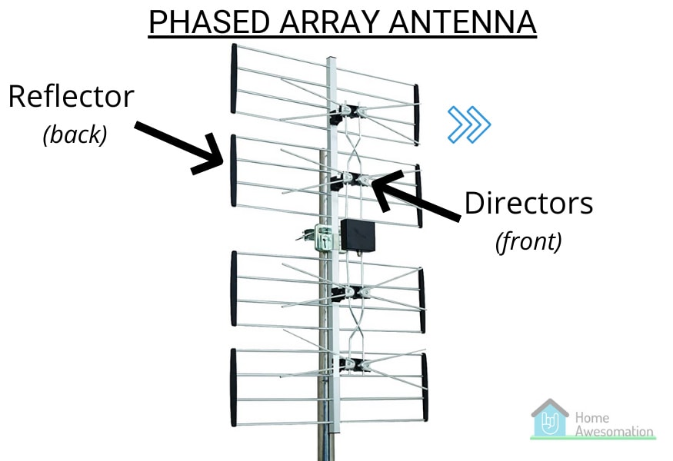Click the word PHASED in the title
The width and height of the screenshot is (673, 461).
pyautogui.click(x=209, y=22)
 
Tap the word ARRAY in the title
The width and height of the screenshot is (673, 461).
pyautogui.click(x=329, y=22)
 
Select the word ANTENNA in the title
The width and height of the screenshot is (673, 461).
pyautogui.click(x=463, y=22)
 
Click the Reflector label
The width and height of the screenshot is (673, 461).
pyautogui.click(x=72, y=97)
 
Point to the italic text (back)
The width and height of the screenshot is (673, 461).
pyautogui.click(x=75, y=134)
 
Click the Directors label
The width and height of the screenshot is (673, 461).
pyautogui.click(x=529, y=203)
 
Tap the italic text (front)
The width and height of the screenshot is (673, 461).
pyautogui.click(x=528, y=241)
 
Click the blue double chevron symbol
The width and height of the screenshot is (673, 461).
pyautogui.click(x=469, y=124)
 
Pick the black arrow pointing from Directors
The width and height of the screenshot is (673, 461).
pyautogui.click(x=415, y=196)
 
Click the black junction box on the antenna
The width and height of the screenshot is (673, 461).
pyautogui.click(x=358, y=235)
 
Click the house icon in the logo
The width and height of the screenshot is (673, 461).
pyautogui.click(x=550, y=418)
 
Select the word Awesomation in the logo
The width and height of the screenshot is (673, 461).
pyautogui.click(x=615, y=431)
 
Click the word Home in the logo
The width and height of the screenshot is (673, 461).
pyautogui.click(x=592, y=417)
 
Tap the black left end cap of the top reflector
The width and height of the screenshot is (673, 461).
pyautogui.click(x=234, y=78)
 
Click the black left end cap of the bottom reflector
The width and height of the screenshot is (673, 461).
pyautogui.click(x=234, y=387)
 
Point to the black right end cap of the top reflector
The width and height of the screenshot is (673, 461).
pyautogui.click(x=416, y=114)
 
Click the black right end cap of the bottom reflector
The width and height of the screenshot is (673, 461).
pyautogui.click(x=425, y=386)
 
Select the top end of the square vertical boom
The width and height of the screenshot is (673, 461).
pyautogui.click(x=331, y=58)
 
